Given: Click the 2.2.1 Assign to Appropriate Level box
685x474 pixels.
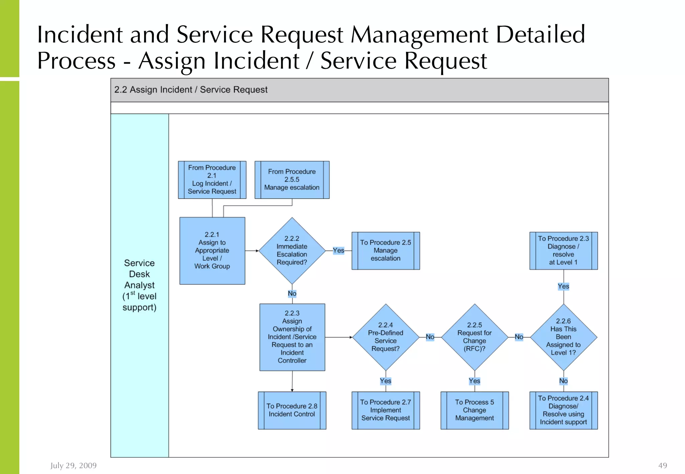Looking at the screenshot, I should click(212, 251).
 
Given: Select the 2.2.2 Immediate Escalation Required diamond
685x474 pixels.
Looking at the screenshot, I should click(292, 251).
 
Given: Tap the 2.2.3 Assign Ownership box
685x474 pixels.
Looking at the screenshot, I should click(292, 337).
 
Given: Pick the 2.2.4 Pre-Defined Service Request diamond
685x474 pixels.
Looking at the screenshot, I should click(385, 337).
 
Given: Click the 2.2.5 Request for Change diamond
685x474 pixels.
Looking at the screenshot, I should click(474, 337).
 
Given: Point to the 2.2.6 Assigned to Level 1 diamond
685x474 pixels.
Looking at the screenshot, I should click(563, 337).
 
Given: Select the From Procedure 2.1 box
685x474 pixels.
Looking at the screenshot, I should click(212, 180).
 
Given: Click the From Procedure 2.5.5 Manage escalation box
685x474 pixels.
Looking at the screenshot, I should click(292, 180).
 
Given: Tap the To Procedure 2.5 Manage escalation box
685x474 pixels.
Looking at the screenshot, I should click(385, 251).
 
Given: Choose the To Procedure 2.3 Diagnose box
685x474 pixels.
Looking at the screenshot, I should click(563, 251).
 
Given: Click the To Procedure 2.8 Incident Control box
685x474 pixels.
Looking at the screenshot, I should click(292, 410).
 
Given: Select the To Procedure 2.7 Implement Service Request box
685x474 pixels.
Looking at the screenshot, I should click(385, 410).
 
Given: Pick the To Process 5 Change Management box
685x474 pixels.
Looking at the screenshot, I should click(474, 410).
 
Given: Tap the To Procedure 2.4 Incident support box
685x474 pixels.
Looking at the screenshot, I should click(563, 410).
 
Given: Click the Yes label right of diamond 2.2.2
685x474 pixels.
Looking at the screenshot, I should click(338, 250).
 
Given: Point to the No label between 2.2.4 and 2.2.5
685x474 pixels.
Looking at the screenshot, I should click(430, 337).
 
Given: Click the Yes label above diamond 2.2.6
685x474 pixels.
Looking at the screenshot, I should click(563, 286).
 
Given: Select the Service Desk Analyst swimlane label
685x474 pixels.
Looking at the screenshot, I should click(139, 285).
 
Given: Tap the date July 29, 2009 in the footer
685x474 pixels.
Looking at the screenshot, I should click(74, 465).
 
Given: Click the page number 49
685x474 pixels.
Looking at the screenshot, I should click(662, 465).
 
